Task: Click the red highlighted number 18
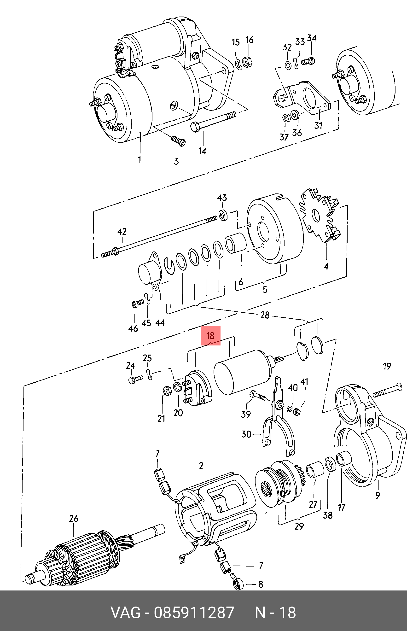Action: pos(210,336)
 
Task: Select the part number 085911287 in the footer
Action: pos(194,612)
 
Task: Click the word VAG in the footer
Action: pos(126,612)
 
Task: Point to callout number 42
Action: pos(122,232)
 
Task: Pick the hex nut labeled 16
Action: pos(248,62)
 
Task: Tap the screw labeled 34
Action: pos(308,62)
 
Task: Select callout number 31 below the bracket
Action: pos(318,125)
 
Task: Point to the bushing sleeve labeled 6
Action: pos(235,243)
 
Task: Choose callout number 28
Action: pos(265,315)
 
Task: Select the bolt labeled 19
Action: pos(388,391)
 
